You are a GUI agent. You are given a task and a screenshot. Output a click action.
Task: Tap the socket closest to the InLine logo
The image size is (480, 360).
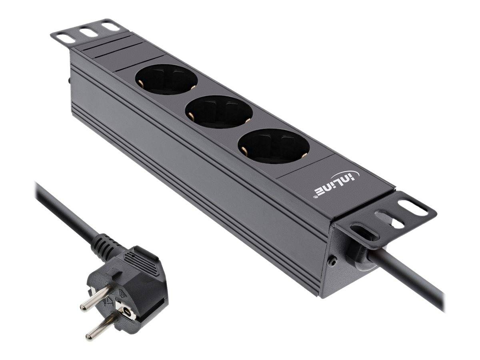pyautogui.click(x=274, y=146)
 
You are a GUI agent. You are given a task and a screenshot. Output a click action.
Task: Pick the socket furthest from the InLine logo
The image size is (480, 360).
pyautogui.click(x=167, y=80)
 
